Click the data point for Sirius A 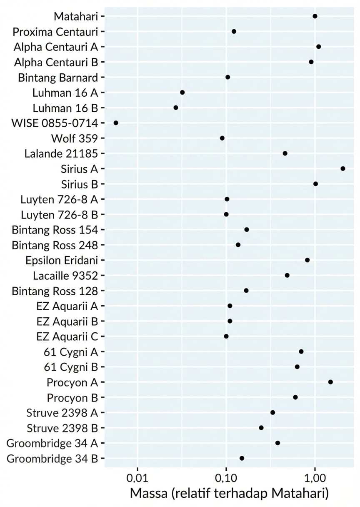click(342, 168)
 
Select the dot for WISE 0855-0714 click(116, 123)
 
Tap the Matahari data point click(315, 16)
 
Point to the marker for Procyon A click(330, 382)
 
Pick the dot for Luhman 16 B click(176, 108)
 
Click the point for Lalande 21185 click(285, 153)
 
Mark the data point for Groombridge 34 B click(242, 458)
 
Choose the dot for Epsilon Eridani click(307, 260)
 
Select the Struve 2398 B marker click(261, 428)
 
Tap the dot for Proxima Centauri click(234, 32)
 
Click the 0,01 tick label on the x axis click(137, 476)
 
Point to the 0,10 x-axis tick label click(226, 476)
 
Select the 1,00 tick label click(315, 476)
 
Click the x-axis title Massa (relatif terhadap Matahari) click(229, 493)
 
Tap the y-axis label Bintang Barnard click(58, 77)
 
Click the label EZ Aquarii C click(67, 336)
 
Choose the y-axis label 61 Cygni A click(70, 351)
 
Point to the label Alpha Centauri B click(56, 62)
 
